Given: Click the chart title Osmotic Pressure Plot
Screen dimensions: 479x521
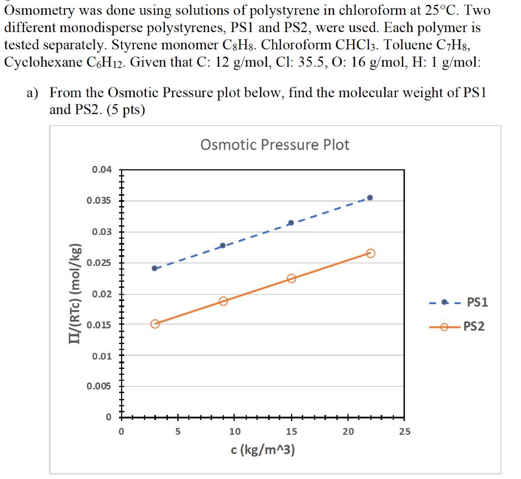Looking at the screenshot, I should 275,145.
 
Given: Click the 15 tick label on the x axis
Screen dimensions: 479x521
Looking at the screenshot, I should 291,432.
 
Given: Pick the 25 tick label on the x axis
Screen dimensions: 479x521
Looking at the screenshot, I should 404,432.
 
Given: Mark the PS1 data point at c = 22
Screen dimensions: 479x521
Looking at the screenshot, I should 370,197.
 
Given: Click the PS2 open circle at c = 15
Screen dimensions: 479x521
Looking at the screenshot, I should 291,278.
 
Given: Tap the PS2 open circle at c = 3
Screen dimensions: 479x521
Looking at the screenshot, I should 155,324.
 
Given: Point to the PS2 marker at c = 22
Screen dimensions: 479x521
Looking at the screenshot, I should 370,253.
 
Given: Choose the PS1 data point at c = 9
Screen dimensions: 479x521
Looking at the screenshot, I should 223,246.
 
